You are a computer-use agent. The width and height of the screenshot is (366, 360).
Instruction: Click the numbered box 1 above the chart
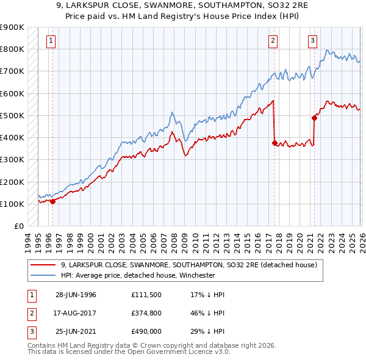tap(50, 41)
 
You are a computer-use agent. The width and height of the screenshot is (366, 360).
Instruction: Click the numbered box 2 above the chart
tap(273, 41)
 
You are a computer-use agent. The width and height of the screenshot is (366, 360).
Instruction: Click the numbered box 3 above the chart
tap(312, 41)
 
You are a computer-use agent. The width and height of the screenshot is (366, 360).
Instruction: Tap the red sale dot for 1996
tap(52, 201)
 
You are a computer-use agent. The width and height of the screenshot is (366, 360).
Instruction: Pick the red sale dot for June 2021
tap(315, 118)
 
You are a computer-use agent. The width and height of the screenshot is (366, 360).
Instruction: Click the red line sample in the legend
tap(43, 265)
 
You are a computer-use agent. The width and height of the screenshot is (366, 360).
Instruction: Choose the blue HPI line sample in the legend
tap(43, 276)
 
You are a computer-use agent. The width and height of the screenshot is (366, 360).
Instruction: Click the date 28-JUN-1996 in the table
tap(76, 295)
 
